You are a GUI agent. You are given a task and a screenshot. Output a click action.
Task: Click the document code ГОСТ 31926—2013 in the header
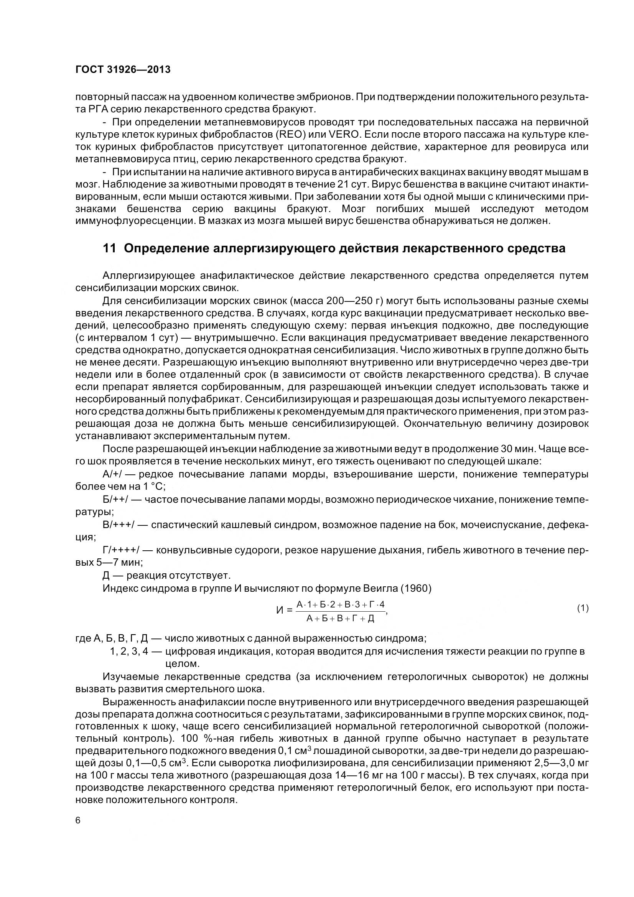click(123, 69)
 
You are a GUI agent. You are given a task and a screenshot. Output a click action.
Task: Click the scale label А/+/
click(112, 475)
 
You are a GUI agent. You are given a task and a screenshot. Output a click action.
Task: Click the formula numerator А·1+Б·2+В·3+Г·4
click(340, 605)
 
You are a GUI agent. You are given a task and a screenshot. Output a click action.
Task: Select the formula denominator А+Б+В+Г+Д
click(340, 618)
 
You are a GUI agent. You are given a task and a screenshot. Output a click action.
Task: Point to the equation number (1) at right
click(583, 608)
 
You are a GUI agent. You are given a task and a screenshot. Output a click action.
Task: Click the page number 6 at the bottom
click(78, 820)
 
